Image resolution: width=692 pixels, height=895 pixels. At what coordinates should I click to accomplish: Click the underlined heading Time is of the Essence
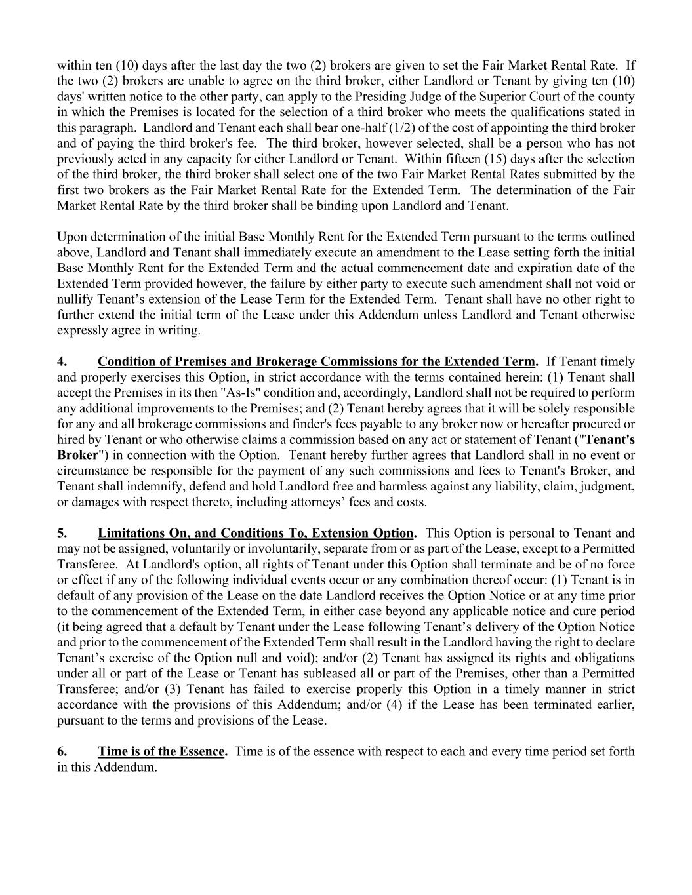point(161,751)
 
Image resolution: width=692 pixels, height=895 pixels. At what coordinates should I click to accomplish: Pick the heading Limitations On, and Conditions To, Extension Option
point(256,533)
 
